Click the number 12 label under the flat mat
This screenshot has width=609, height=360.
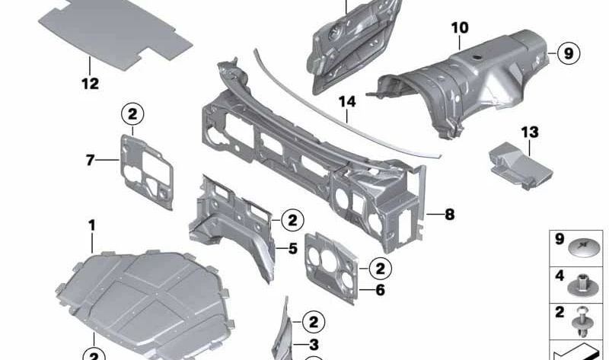[x=90, y=84]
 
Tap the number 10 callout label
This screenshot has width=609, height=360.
[x=459, y=28]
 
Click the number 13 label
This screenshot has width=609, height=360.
[x=529, y=133]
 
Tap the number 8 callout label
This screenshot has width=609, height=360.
[x=449, y=215]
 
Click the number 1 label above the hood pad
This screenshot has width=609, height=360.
[x=92, y=225]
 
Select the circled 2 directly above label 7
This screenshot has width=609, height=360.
[x=132, y=115]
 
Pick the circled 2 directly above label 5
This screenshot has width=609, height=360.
[x=292, y=221]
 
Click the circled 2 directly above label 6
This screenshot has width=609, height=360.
[x=381, y=267]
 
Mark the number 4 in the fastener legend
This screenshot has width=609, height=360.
[x=559, y=276]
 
